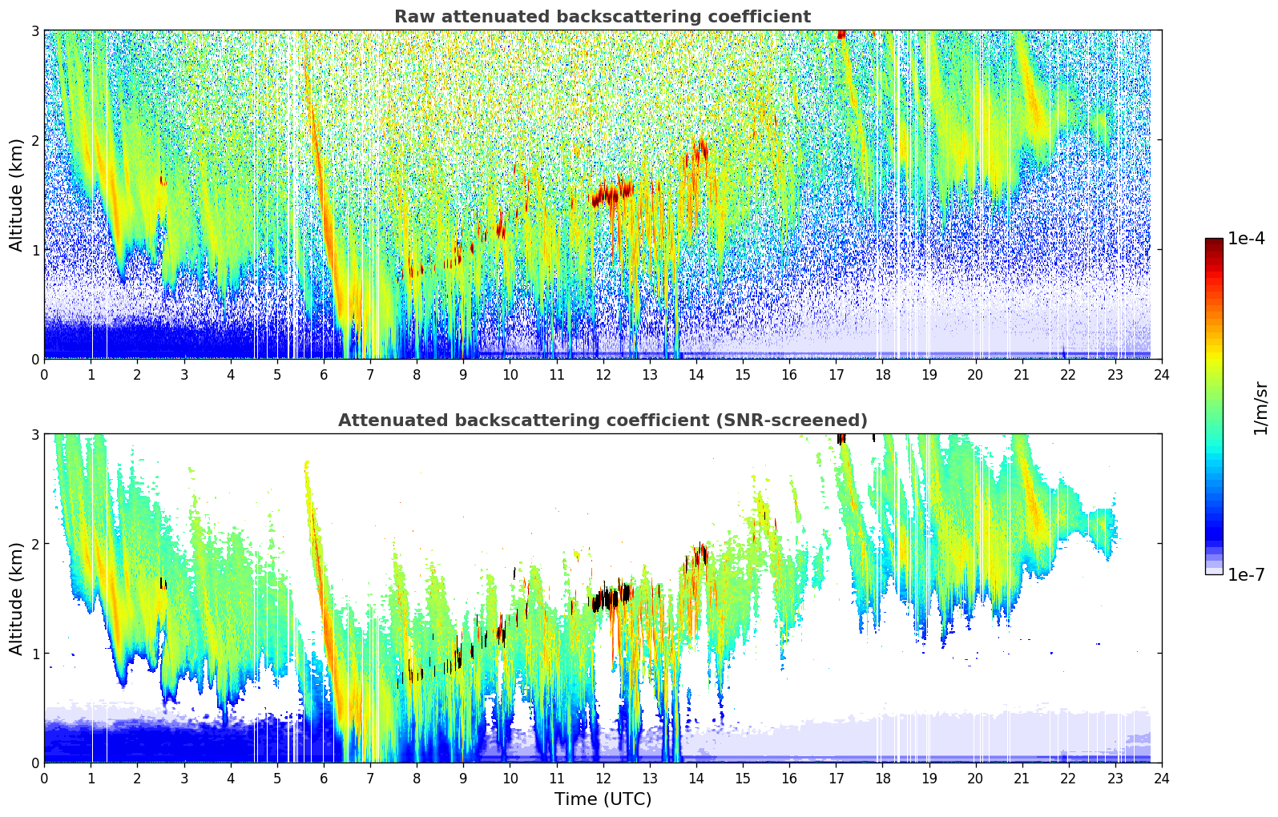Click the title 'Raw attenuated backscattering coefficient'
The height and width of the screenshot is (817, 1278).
(x=603, y=17)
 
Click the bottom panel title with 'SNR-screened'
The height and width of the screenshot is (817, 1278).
(x=603, y=421)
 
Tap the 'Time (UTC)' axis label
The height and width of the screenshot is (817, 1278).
(x=603, y=799)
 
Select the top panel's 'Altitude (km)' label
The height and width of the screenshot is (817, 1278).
(x=16, y=195)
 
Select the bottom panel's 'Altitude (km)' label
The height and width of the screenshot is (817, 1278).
(x=16, y=598)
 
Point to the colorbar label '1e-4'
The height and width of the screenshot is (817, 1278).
(x=1246, y=239)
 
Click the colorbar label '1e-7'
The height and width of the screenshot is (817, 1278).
(x=1246, y=574)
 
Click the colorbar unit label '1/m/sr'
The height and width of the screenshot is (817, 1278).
(x=1260, y=408)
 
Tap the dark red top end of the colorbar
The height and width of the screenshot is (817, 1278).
(x=1214, y=242)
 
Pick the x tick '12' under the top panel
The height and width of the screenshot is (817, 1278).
(x=603, y=374)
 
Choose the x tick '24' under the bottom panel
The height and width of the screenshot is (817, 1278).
(x=1162, y=778)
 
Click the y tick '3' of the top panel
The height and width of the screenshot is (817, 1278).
(x=34, y=30)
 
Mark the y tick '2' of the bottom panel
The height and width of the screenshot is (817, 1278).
(x=34, y=544)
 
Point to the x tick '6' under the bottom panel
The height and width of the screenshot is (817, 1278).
(x=324, y=778)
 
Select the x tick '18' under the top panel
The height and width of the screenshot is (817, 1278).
(x=882, y=374)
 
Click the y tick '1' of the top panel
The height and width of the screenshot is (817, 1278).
(x=34, y=250)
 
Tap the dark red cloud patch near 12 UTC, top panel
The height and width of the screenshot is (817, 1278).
(x=609, y=194)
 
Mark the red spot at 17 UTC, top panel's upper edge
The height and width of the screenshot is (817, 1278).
(x=841, y=34)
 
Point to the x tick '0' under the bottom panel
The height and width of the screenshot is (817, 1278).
(x=44, y=778)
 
